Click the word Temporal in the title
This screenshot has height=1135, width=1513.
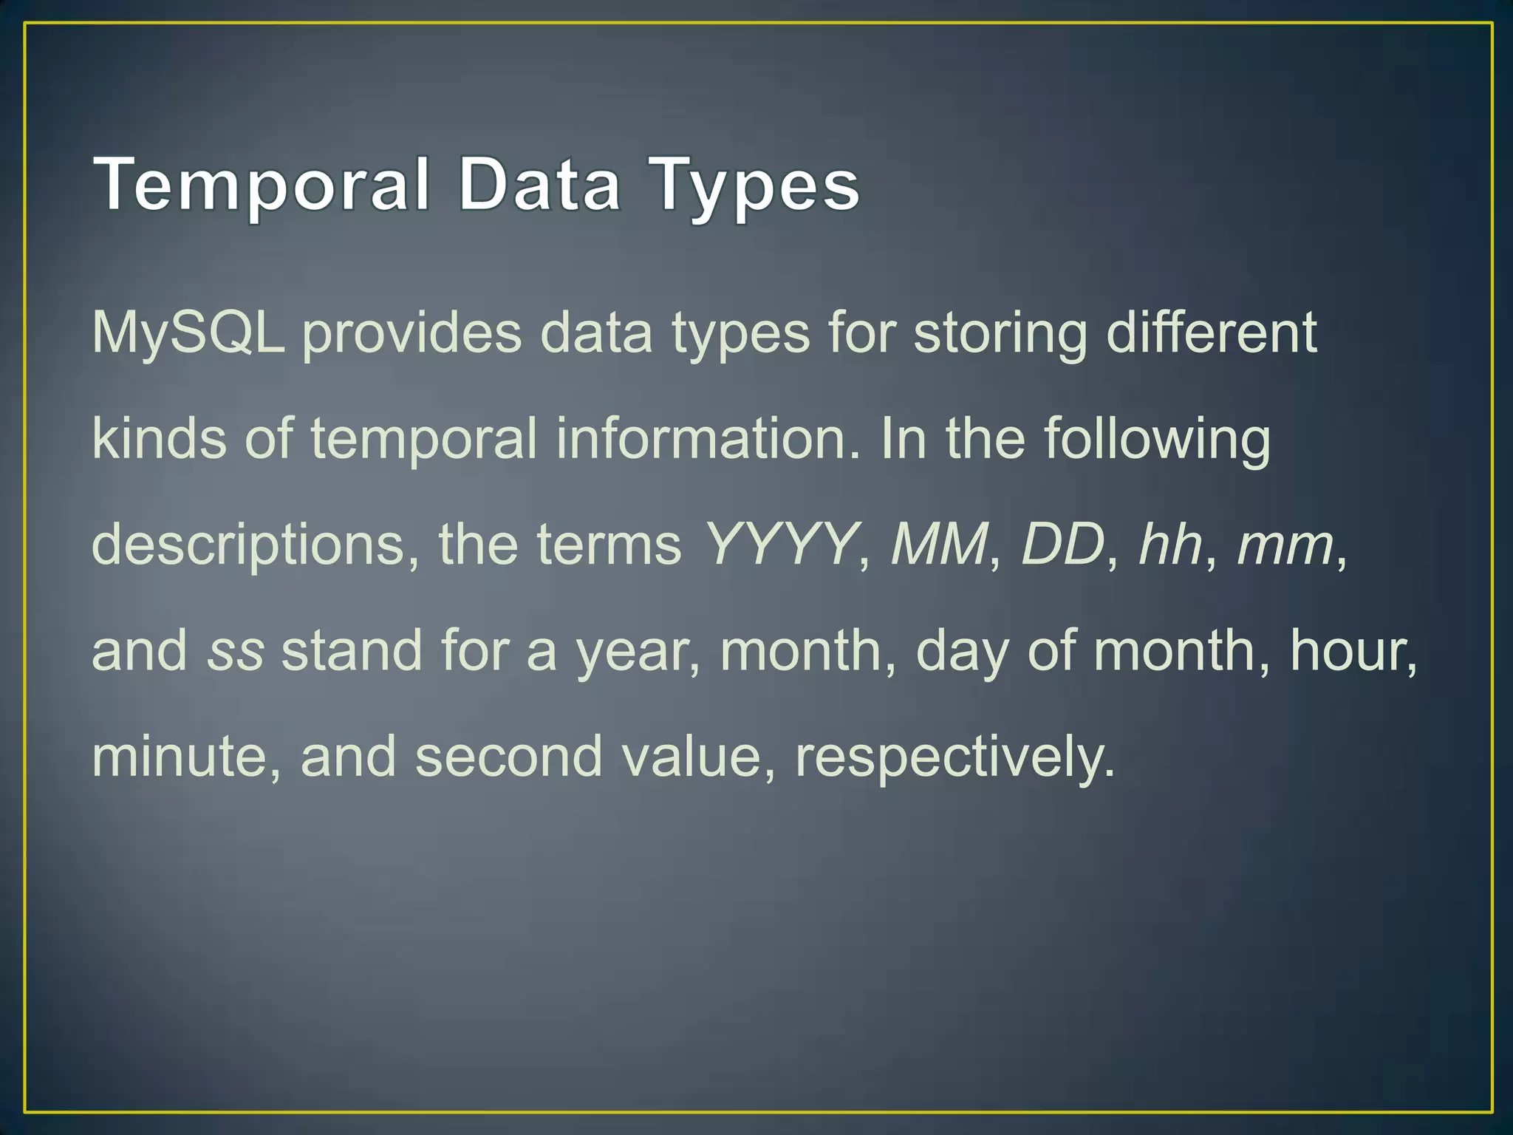point(262,185)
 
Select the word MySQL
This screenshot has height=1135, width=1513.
point(188,333)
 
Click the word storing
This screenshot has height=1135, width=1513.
point(1000,333)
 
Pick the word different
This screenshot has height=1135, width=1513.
point(1212,332)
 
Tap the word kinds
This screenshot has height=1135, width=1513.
point(159,438)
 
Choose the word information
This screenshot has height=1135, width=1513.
point(708,438)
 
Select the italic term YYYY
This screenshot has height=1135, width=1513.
point(780,544)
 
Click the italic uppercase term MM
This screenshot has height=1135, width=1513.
point(939,544)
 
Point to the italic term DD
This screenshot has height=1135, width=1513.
point(1062,544)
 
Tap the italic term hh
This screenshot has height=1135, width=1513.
point(1171,544)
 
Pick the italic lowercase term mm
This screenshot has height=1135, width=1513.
point(1285,545)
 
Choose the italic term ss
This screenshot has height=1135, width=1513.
point(236,651)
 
